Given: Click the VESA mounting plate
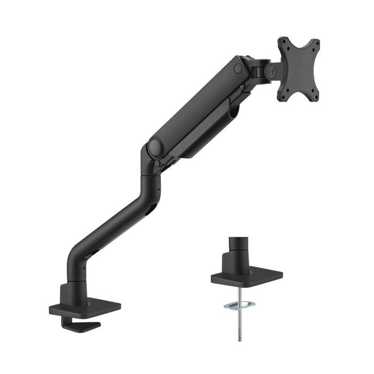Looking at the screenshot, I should point(298,68).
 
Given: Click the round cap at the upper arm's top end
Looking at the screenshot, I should point(238,68).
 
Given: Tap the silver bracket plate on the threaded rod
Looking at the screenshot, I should point(239,305).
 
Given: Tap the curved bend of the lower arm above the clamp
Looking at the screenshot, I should point(74,251).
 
